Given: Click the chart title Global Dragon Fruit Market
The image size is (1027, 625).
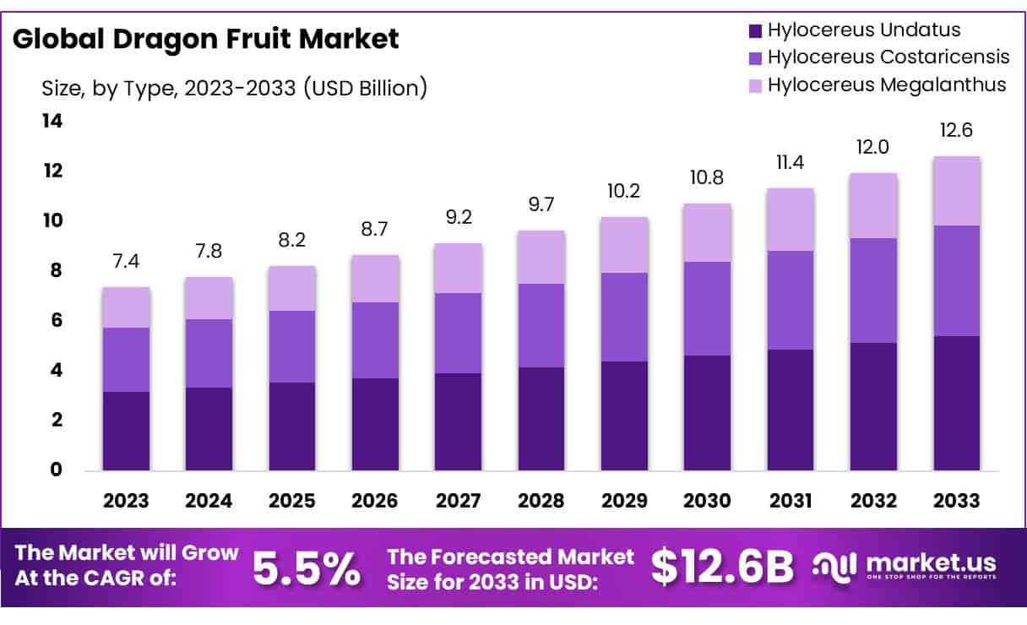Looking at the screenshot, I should coord(205,39).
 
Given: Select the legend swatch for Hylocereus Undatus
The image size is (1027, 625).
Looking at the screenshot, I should coord(755,31).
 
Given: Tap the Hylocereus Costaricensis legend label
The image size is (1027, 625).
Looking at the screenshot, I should coord(888,57).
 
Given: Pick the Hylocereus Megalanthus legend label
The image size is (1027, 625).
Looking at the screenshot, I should coord(886,84).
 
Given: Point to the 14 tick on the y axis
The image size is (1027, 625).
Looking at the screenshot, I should coord(52,122).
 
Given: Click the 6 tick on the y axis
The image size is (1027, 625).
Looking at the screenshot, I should coord(55,320).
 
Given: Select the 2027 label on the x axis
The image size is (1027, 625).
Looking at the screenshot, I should coord(459,501).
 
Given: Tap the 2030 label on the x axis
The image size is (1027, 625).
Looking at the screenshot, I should coord(708,501).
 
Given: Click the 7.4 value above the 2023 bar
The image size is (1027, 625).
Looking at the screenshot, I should coord(126,261).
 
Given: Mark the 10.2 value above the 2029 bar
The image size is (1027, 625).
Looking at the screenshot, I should coord(624,191).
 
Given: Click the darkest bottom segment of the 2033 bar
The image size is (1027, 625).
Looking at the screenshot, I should coord(957,403).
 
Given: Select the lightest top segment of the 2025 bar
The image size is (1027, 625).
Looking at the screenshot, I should coord(292,288).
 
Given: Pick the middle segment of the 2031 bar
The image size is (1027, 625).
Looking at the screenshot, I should coord(791,300).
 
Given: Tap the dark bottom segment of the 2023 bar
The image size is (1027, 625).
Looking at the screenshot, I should coord(126,431).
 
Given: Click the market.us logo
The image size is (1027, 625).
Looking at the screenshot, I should coord(904,566).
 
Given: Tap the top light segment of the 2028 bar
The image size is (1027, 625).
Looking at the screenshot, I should coord(541,257).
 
